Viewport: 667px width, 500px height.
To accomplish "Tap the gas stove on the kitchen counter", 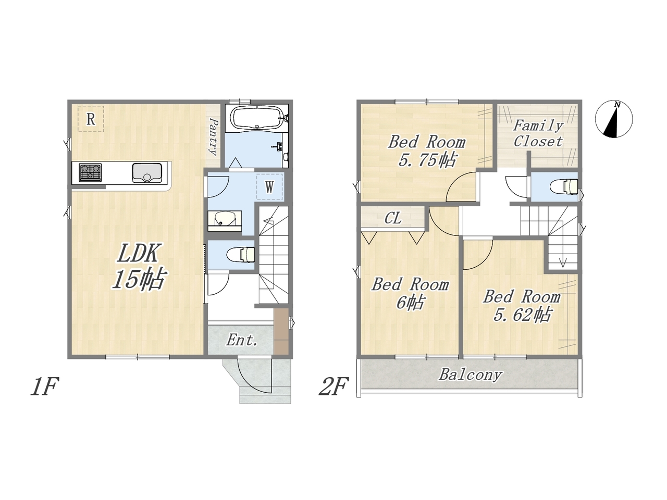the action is click(90, 172).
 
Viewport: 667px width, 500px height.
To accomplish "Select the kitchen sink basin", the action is click(147, 173).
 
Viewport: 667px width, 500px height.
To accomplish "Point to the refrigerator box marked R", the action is click(91, 119).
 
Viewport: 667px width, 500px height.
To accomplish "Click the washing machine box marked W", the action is click(269, 187).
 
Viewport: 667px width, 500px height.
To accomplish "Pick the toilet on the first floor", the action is click(241, 254).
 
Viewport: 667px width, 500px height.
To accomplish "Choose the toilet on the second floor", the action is click(564, 186).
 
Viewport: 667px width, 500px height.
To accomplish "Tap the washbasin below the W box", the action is click(225, 219).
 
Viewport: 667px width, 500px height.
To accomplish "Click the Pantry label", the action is click(214, 136).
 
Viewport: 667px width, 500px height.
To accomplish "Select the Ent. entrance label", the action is click(242, 341).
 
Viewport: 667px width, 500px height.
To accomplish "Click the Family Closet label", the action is click(538, 133).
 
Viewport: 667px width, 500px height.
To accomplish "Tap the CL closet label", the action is click(393, 218).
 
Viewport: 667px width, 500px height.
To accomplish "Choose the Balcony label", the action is click(470, 374).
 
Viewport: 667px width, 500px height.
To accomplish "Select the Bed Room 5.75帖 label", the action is click(427, 151).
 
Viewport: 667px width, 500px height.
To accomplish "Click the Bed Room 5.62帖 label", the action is click(522, 305).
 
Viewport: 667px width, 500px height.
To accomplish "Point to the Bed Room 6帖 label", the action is click(410, 293).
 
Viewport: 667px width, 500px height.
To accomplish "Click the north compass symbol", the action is click(613, 119).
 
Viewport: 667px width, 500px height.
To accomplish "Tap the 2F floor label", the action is click(333, 386).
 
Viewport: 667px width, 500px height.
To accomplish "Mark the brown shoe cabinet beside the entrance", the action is click(281, 331).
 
